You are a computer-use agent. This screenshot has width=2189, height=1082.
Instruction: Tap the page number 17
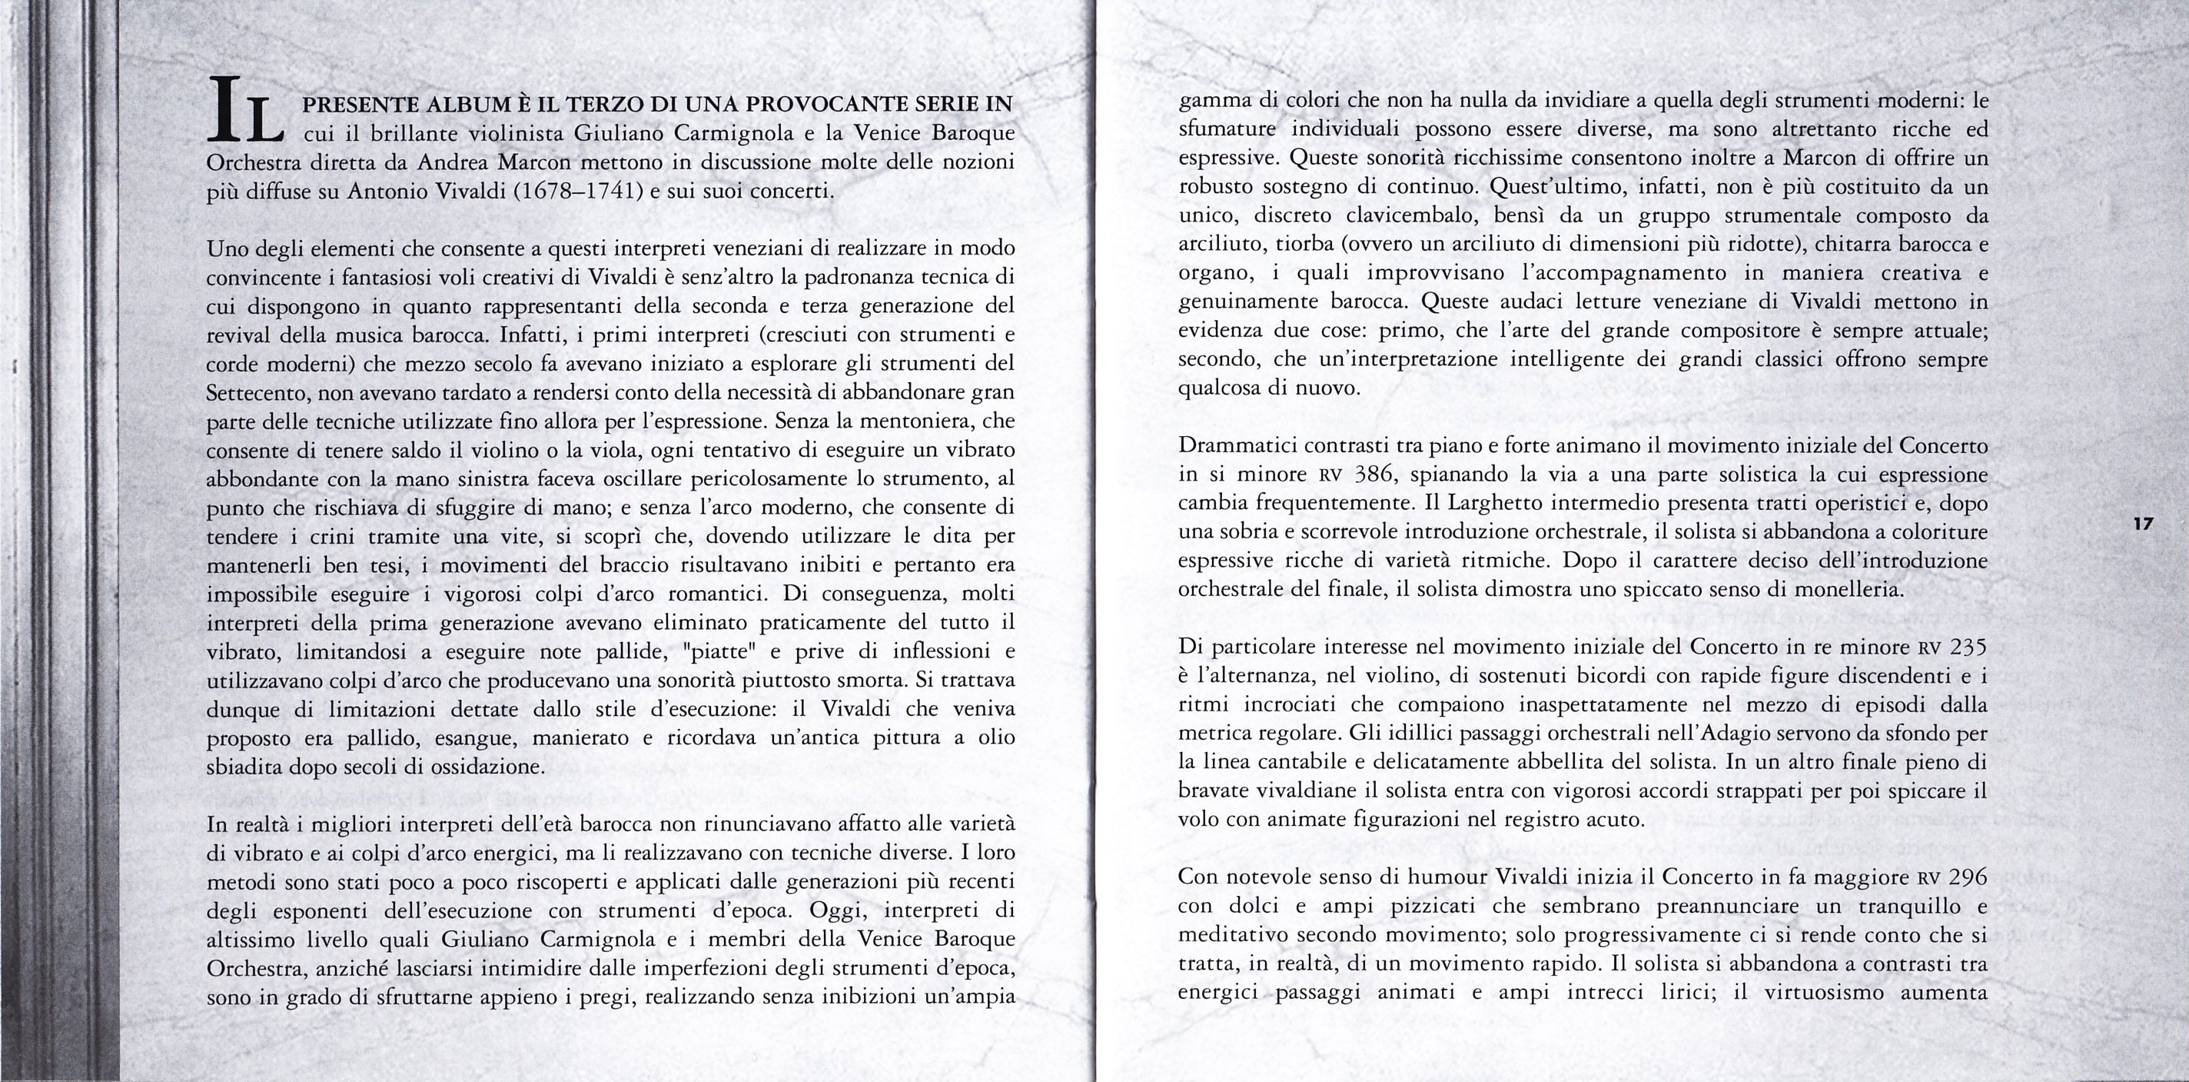point(2143,524)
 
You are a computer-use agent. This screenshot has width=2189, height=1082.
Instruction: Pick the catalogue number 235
point(1962,648)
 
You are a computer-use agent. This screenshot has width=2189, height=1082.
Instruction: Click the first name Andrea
point(453,161)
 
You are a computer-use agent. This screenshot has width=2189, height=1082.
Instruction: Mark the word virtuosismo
point(1825,992)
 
